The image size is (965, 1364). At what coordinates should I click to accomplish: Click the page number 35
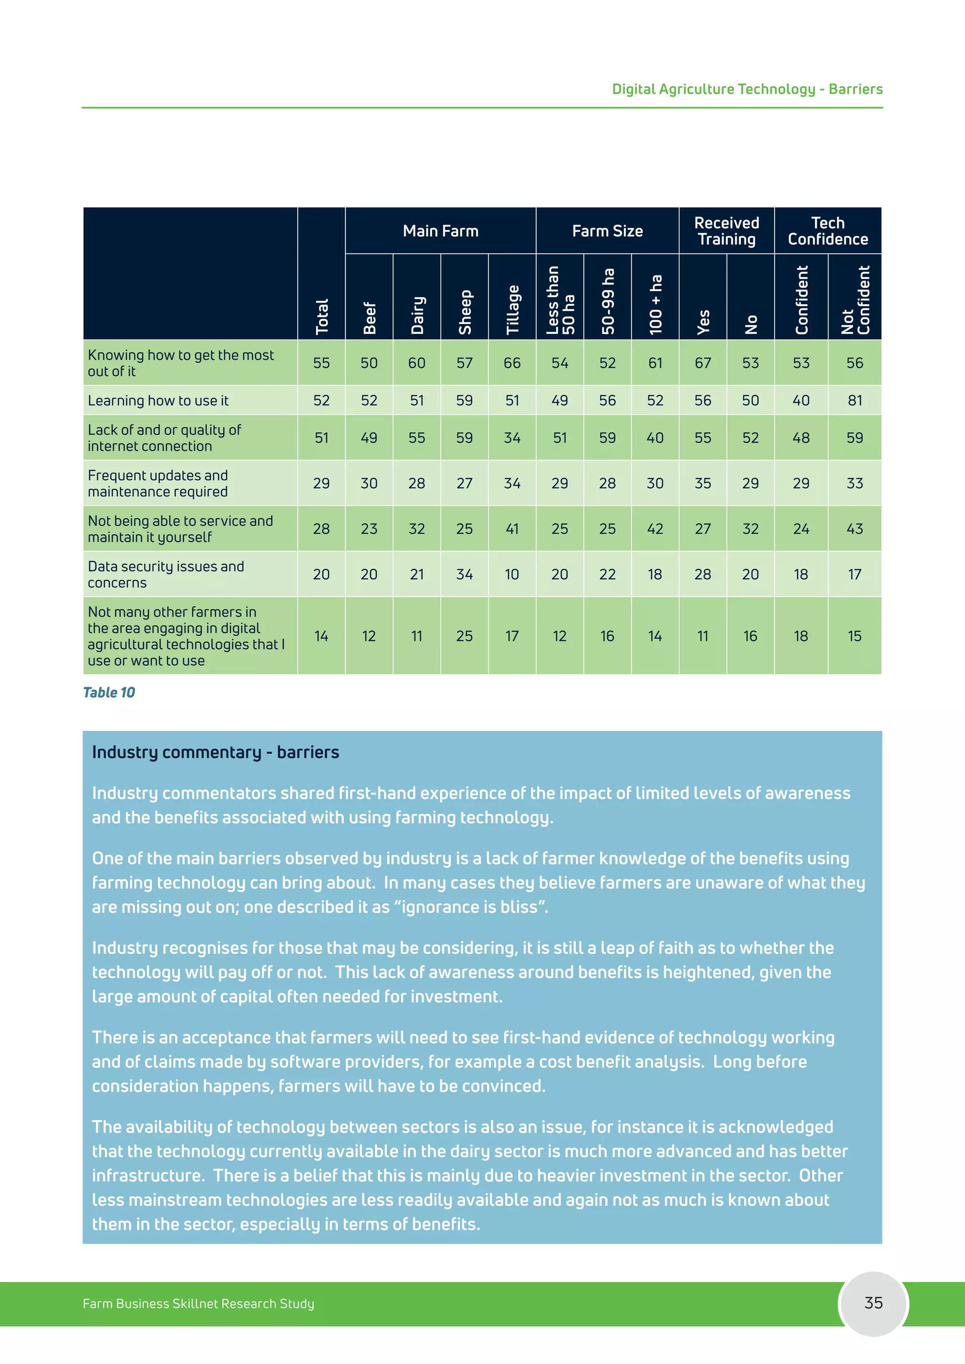(x=873, y=1303)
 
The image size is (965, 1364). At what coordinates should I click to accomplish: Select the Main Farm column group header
(x=440, y=231)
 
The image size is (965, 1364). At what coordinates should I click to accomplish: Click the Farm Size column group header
(x=607, y=231)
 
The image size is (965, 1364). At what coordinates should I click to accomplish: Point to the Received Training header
(x=726, y=231)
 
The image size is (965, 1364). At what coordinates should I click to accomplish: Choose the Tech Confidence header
(x=828, y=231)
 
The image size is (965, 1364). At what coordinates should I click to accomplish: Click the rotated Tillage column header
(x=512, y=309)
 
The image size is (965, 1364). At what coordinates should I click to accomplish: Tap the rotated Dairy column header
(x=417, y=315)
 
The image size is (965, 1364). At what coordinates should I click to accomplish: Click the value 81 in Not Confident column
(x=854, y=400)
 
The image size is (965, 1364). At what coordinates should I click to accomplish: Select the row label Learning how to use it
(x=158, y=400)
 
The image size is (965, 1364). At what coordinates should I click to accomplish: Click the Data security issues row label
(x=166, y=575)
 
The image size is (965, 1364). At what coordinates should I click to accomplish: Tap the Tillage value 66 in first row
(x=512, y=363)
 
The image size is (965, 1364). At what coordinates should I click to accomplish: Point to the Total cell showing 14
(x=321, y=636)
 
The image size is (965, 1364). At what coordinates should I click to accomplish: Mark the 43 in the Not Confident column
(x=854, y=529)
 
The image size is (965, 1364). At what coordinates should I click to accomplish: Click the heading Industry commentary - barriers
(x=215, y=752)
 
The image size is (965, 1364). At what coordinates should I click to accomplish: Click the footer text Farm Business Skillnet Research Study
(x=198, y=1303)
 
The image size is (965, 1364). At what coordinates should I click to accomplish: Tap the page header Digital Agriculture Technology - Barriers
(x=747, y=89)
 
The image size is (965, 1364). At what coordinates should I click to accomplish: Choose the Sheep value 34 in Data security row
(x=465, y=575)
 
